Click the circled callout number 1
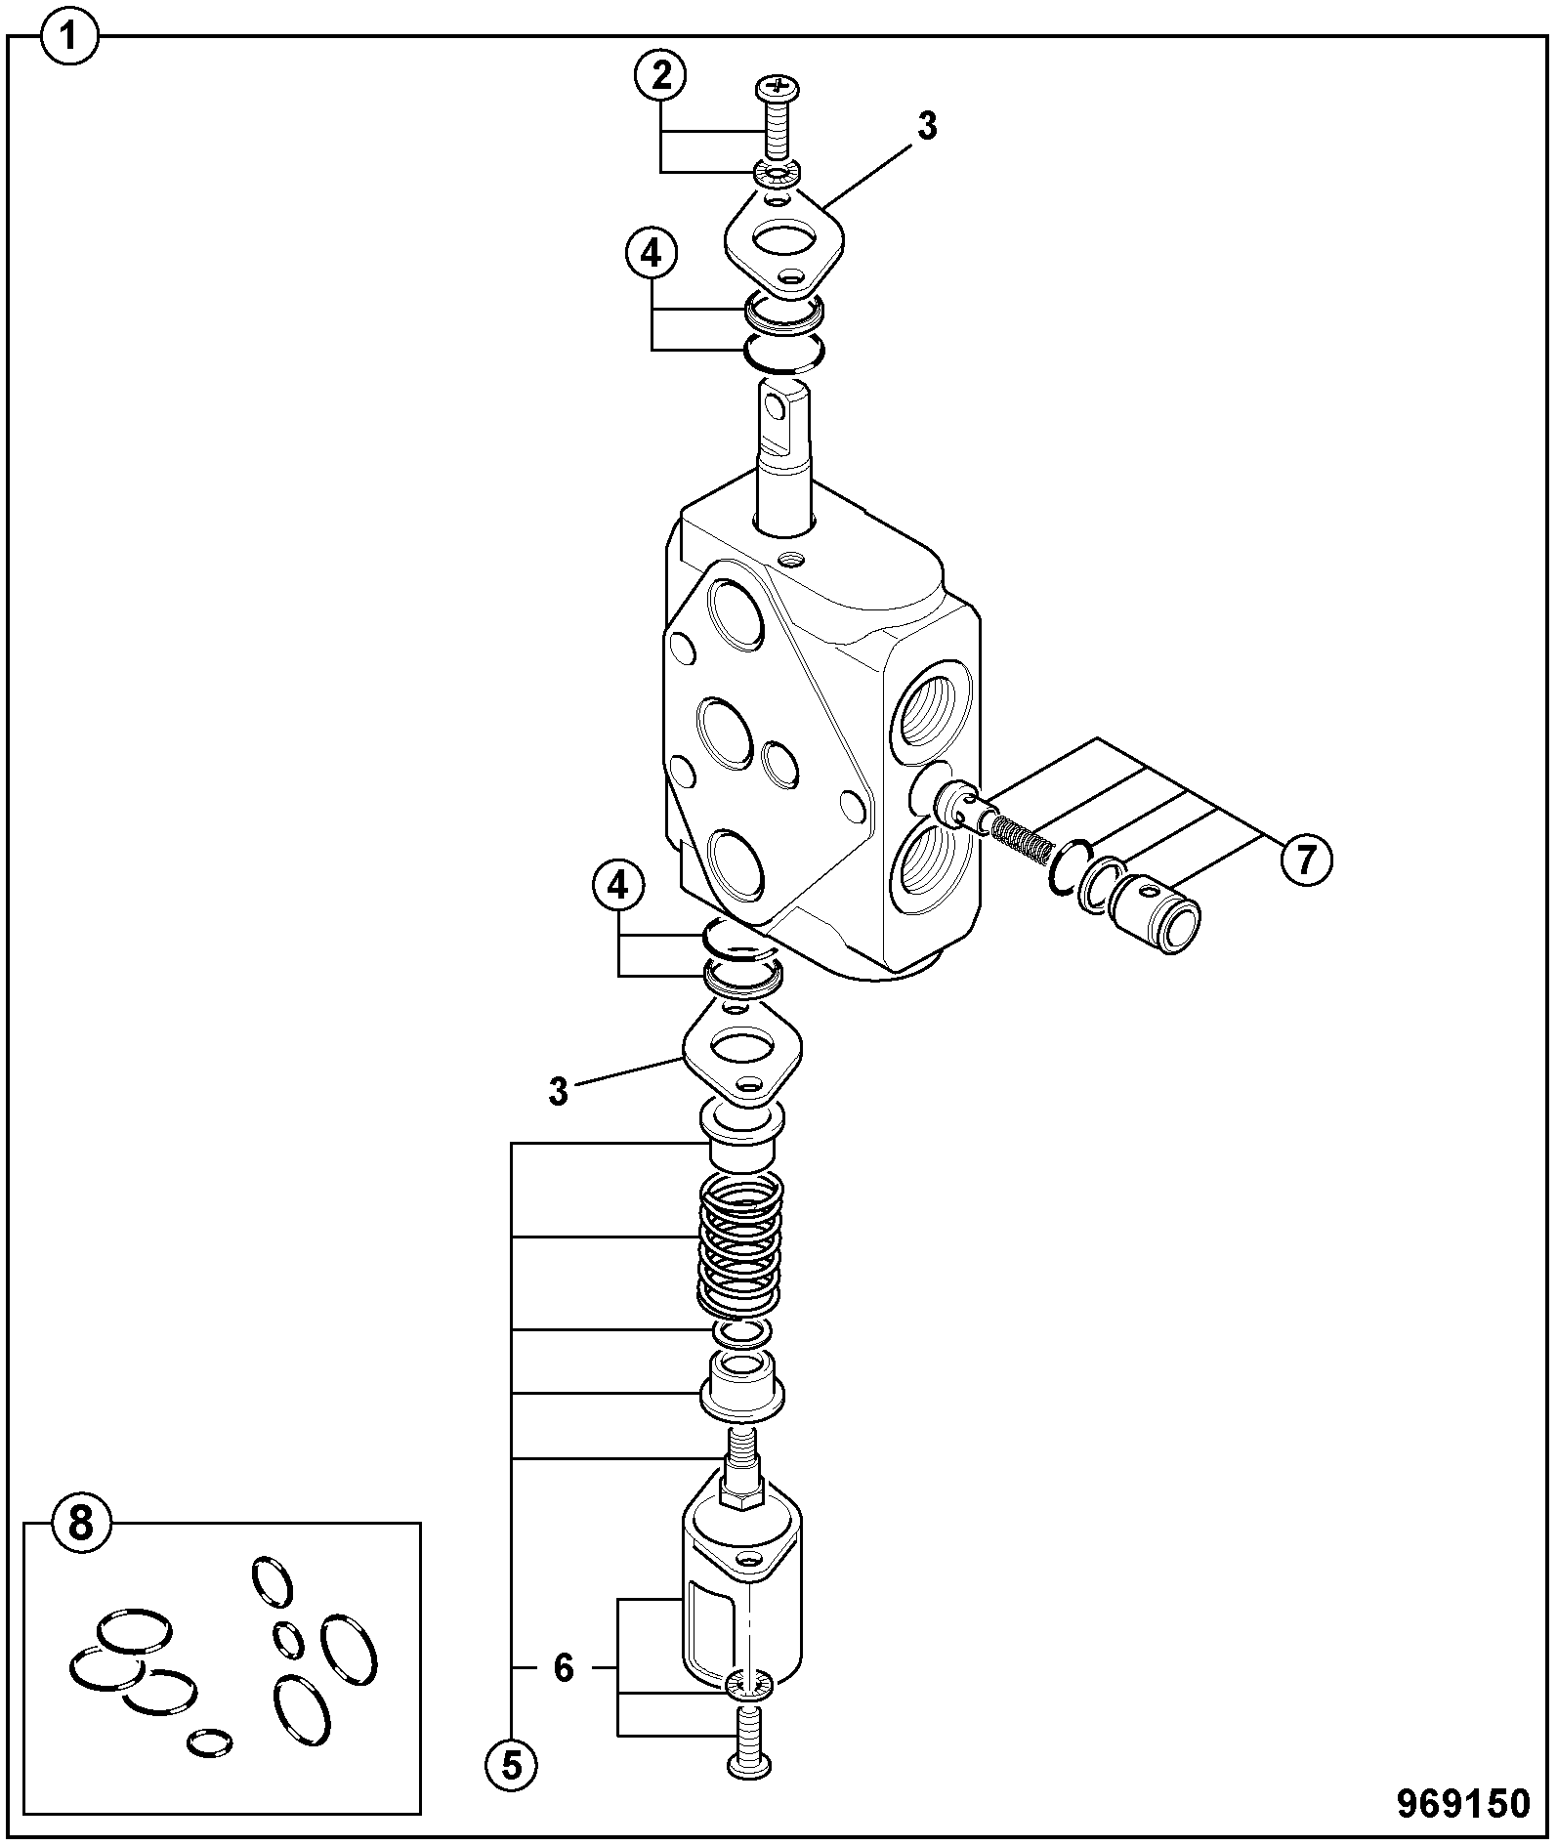(x=69, y=39)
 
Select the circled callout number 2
(x=660, y=75)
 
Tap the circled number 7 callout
(x=1305, y=860)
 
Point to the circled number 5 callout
(x=513, y=1765)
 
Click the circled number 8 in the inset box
(x=82, y=1523)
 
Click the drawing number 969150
(x=1461, y=1803)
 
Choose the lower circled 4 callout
(x=618, y=887)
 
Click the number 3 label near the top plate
(x=927, y=126)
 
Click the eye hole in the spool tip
(x=778, y=404)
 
